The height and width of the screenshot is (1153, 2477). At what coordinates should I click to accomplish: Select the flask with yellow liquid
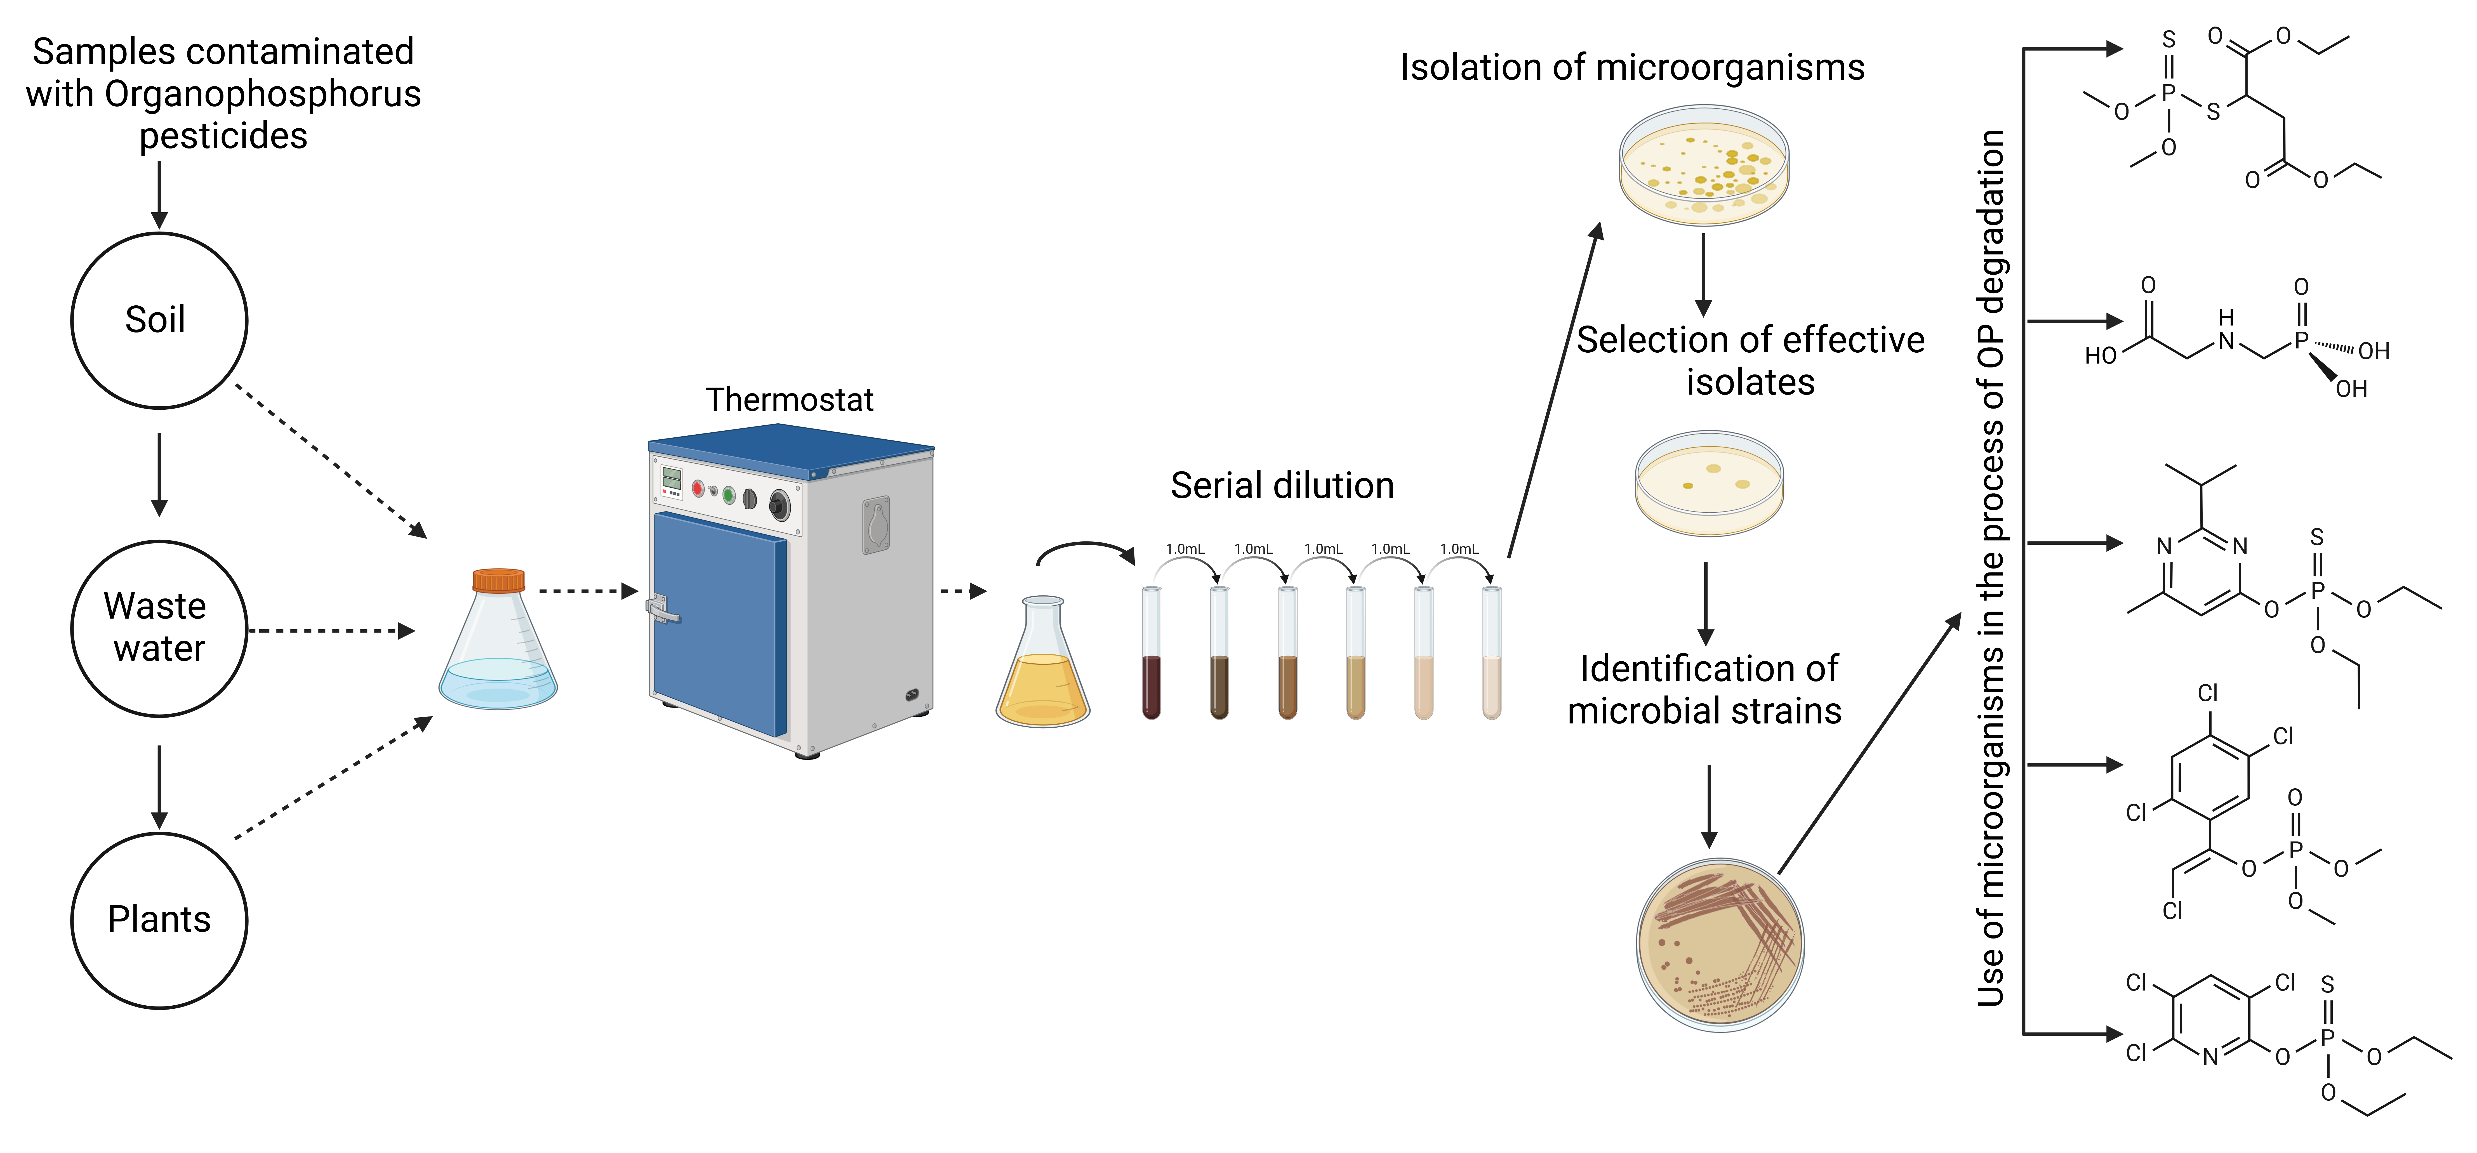tap(1042, 673)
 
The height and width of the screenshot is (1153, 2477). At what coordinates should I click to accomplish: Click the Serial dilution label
tap(1282, 486)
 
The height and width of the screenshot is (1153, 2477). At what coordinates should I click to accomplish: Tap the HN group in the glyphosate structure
tap(2226, 330)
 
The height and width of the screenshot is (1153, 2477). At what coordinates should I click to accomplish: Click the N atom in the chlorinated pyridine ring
tap(2211, 1057)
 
